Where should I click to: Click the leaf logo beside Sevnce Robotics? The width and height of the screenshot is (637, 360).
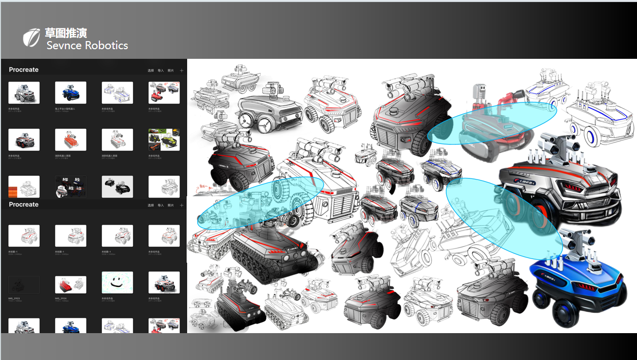pos(31,38)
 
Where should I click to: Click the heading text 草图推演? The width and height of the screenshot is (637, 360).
pos(65,33)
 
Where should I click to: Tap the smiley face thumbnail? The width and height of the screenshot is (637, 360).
pos(117,282)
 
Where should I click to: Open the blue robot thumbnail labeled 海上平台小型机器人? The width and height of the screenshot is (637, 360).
pos(70,93)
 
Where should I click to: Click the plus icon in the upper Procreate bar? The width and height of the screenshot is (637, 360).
pos(182,70)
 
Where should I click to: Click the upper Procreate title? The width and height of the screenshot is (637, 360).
pos(23,70)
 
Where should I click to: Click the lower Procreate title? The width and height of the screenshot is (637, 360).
pos(23,204)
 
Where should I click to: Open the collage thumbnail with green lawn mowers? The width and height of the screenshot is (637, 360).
pos(164,139)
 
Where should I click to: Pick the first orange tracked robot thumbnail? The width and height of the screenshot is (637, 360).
pos(70,139)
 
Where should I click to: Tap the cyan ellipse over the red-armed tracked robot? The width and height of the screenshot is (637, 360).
pos(492,123)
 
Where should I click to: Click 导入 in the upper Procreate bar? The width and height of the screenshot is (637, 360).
pos(161,70)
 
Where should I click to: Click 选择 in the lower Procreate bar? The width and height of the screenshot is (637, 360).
pos(151,205)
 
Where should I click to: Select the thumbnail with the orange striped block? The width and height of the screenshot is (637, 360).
pos(24,187)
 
